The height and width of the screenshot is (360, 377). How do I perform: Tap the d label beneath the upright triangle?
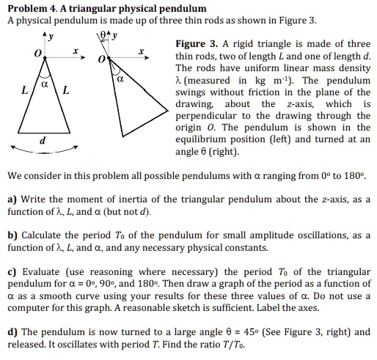pos(43,139)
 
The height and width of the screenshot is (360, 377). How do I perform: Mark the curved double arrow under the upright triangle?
pos(44,152)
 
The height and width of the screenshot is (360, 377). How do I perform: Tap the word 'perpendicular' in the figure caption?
pos(208,115)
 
